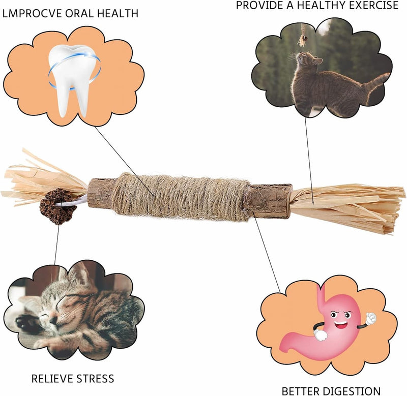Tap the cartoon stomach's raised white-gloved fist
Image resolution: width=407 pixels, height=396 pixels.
(x=370, y=318)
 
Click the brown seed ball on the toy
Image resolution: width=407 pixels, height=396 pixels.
(x=51, y=203)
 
